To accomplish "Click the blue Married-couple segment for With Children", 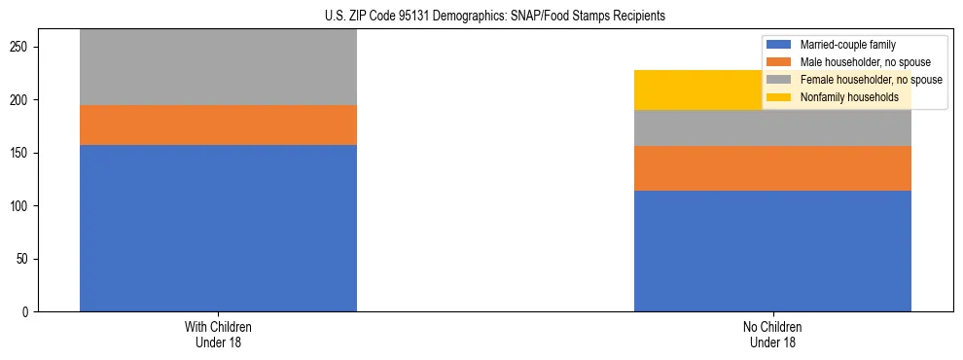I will click(x=218, y=228).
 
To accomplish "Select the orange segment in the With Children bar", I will click(x=218, y=125).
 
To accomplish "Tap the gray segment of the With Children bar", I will click(x=218, y=67).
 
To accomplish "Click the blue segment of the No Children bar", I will click(x=772, y=250).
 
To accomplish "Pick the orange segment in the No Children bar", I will click(x=772, y=168).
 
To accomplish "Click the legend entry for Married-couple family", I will click(x=847, y=45).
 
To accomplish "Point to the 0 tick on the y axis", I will click(x=28, y=312).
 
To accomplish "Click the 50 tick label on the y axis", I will click(x=25, y=259).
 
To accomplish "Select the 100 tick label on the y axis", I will click(x=22, y=206).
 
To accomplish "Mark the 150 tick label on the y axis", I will click(x=22, y=154).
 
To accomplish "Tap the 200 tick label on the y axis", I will click(x=22, y=100).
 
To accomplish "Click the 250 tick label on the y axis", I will click(x=22, y=48).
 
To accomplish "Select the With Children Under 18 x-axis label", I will click(x=218, y=335).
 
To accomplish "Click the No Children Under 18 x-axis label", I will click(x=772, y=335).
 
